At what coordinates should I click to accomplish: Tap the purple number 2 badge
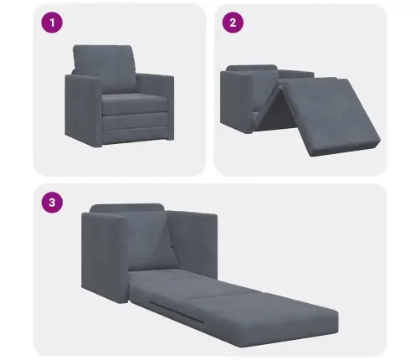(230, 23)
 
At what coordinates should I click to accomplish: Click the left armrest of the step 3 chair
(105, 260)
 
